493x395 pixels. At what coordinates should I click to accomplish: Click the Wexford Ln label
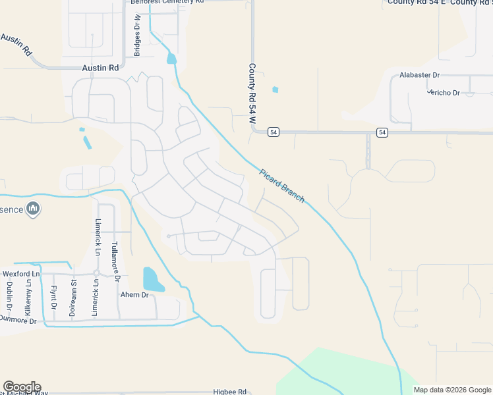point(21,273)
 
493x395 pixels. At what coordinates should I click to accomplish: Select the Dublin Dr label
point(10,296)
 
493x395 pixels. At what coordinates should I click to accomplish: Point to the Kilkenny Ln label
point(29,298)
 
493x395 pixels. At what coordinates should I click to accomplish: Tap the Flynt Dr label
point(53,297)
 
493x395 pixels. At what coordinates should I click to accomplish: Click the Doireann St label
point(73,298)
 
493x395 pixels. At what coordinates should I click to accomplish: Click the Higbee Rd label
point(229,391)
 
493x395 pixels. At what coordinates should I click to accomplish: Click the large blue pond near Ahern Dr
point(153,279)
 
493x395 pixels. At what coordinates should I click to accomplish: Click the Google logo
point(22,387)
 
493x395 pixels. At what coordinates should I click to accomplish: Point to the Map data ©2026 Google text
point(452,390)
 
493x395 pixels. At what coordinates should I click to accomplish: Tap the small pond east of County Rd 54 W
point(275,90)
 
